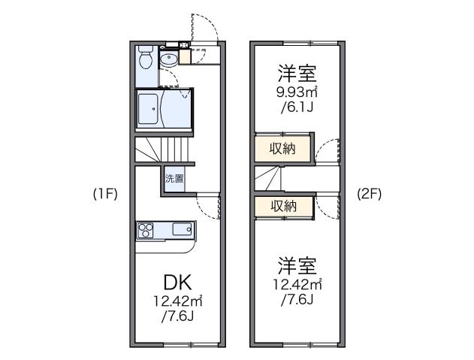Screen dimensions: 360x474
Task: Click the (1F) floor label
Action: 105,193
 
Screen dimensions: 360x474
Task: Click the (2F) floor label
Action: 370,192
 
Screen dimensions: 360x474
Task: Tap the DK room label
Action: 179,283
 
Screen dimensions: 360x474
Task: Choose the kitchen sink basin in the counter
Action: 182,228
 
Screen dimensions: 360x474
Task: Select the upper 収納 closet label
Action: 282,148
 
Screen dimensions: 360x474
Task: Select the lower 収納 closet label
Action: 282,205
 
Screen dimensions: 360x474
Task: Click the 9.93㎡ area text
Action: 296,93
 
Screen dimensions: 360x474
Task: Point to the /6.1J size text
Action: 296,108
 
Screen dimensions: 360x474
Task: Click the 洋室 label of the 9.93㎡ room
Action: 296,74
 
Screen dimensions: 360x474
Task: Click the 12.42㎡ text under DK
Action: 179,301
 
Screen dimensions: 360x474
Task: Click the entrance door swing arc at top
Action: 204,29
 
